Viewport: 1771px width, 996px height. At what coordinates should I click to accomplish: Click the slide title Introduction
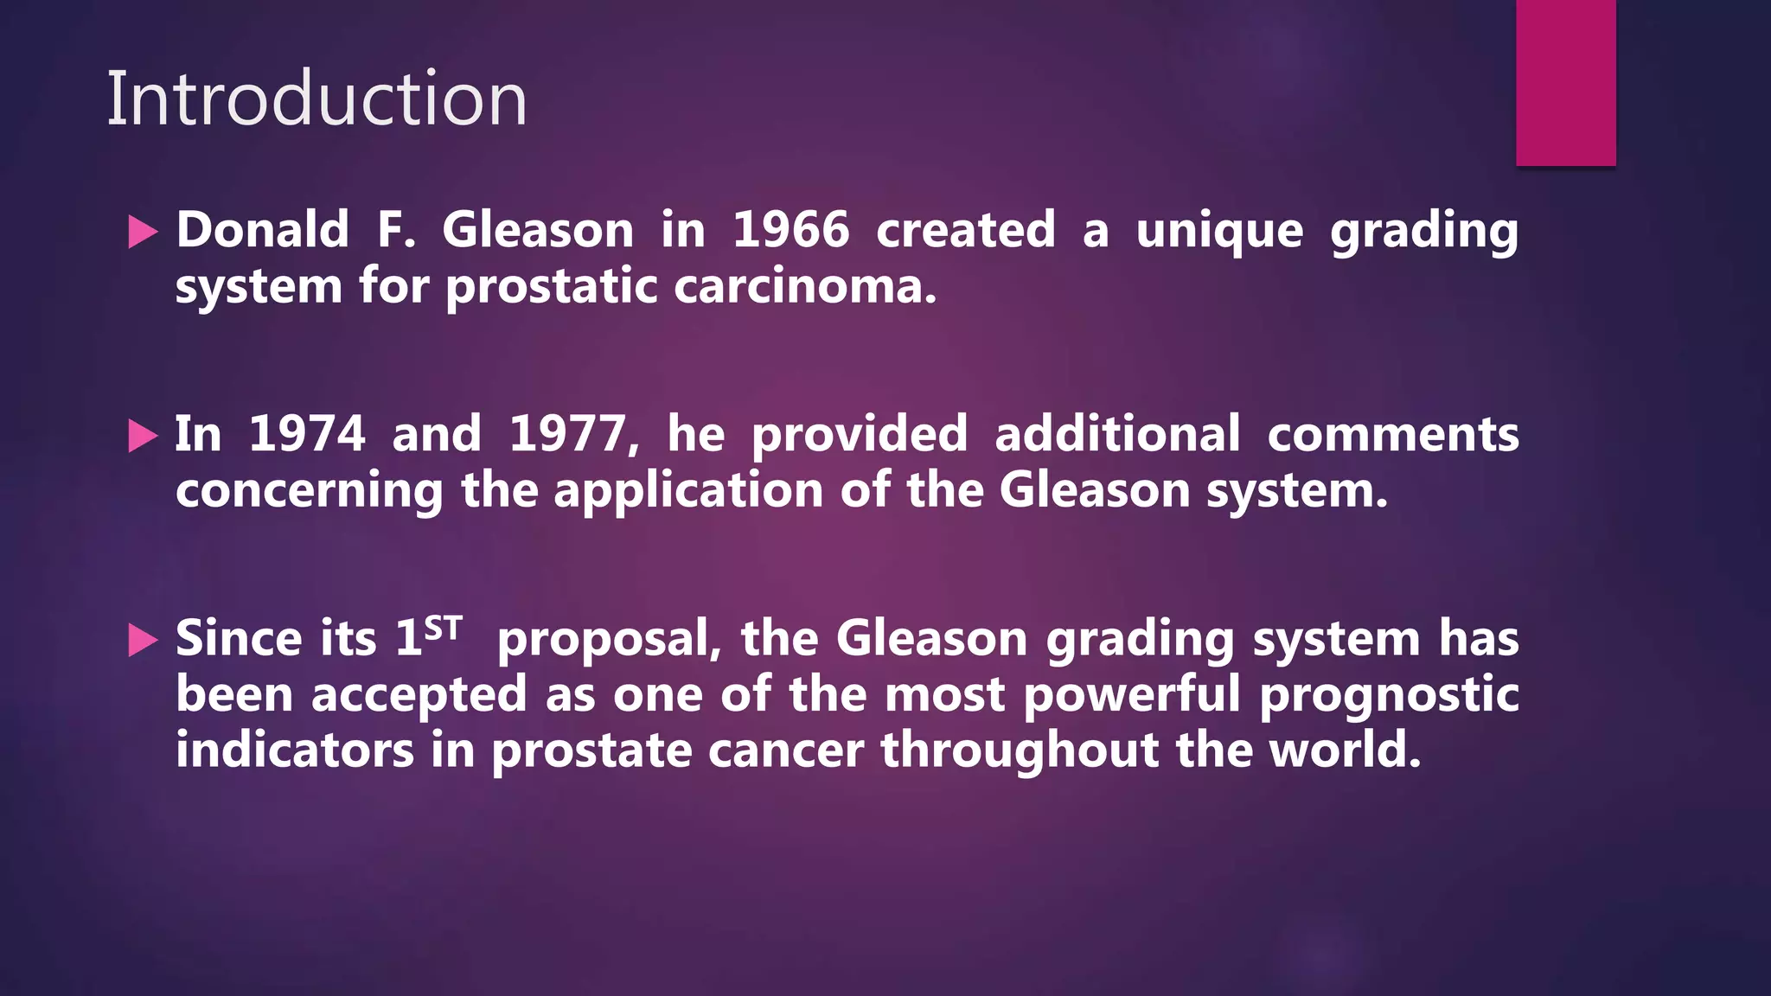[x=316, y=99]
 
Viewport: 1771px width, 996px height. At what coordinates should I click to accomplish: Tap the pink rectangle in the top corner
[x=1565, y=82]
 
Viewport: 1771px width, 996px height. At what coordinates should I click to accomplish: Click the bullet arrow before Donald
[x=143, y=232]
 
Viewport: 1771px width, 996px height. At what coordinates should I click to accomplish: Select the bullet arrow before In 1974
[x=143, y=436]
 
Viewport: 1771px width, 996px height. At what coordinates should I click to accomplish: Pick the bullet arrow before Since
[x=143, y=641]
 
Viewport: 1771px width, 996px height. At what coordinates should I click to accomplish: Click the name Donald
[x=262, y=230]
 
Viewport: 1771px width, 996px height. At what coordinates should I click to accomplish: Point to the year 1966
[x=790, y=230]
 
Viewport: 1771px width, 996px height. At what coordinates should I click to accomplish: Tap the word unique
[x=1218, y=232]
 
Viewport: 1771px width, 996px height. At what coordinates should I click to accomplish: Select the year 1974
[x=307, y=434]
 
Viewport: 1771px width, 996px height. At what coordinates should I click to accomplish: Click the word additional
[x=1117, y=434]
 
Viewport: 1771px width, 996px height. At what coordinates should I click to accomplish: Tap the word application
[x=687, y=491]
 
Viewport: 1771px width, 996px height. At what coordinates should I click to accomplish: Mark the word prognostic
[x=1389, y=695]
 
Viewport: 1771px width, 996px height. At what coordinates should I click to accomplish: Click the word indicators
[x=294, y=750]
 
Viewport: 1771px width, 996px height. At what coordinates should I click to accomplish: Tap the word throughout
[x=1020, y=750]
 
